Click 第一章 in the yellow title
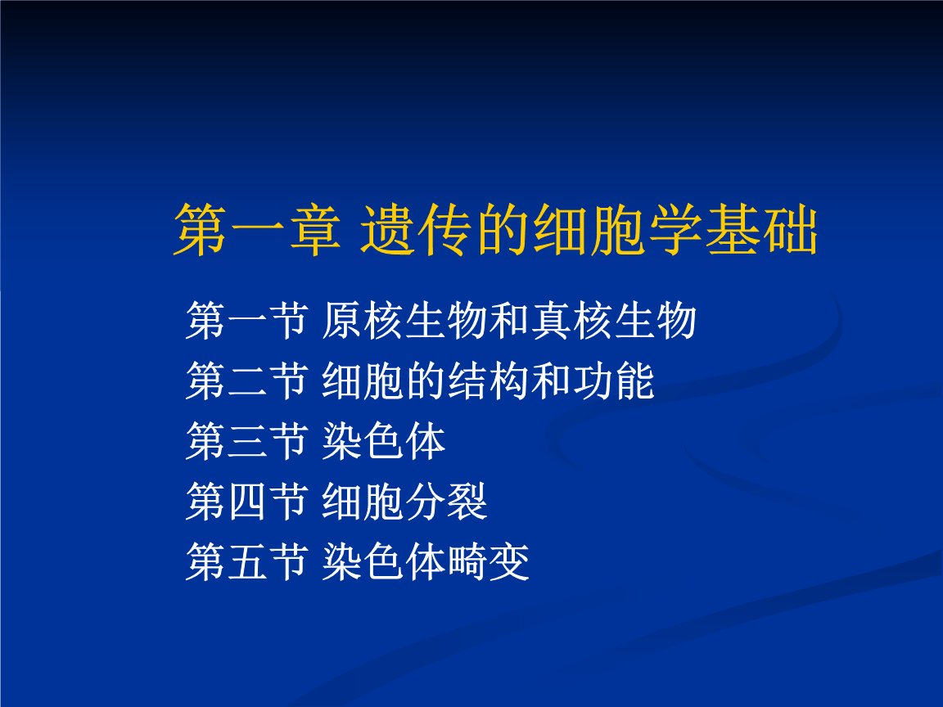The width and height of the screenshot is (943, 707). pos(257,230)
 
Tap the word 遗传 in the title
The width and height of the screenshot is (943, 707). pos(415,230)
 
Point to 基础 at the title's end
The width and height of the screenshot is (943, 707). pos(761,230)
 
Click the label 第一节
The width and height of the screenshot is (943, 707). pos(247,321)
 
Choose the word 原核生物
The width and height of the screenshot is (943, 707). pos(404,321)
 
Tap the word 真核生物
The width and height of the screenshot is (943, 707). pos(613,321)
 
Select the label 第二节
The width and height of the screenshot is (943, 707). pos(247,381)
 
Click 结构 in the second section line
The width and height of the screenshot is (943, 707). pos(488,381)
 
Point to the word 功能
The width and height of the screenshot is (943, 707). pos(613,381)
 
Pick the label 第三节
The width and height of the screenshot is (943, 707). pos(247,441)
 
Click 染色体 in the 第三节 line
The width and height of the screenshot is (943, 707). pos(384,441)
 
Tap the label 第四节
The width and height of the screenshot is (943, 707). pos(247,501)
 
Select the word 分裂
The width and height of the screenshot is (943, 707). pos(446,501)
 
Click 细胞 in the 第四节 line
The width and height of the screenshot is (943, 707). pos(363,501)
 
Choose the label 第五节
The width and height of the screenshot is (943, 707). pos(247,561)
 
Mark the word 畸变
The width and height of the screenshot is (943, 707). pos(489,561)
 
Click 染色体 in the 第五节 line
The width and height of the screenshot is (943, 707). pos(384,561)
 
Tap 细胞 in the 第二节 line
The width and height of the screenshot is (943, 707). pos(363,381)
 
